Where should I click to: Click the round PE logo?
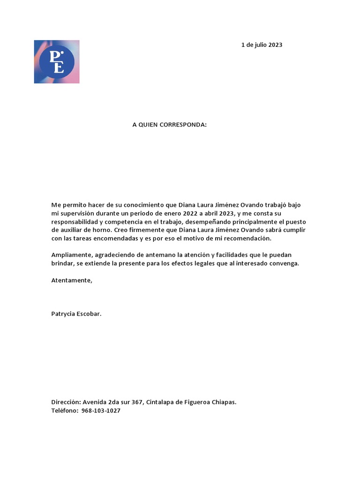(57, 61)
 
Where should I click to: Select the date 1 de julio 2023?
(262, 45)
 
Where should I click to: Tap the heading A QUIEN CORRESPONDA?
(169, 125)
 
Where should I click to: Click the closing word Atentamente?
(72, 280)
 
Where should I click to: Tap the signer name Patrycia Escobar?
(76, 314)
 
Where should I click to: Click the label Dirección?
(66, 402)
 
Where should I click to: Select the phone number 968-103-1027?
(101, 411)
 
